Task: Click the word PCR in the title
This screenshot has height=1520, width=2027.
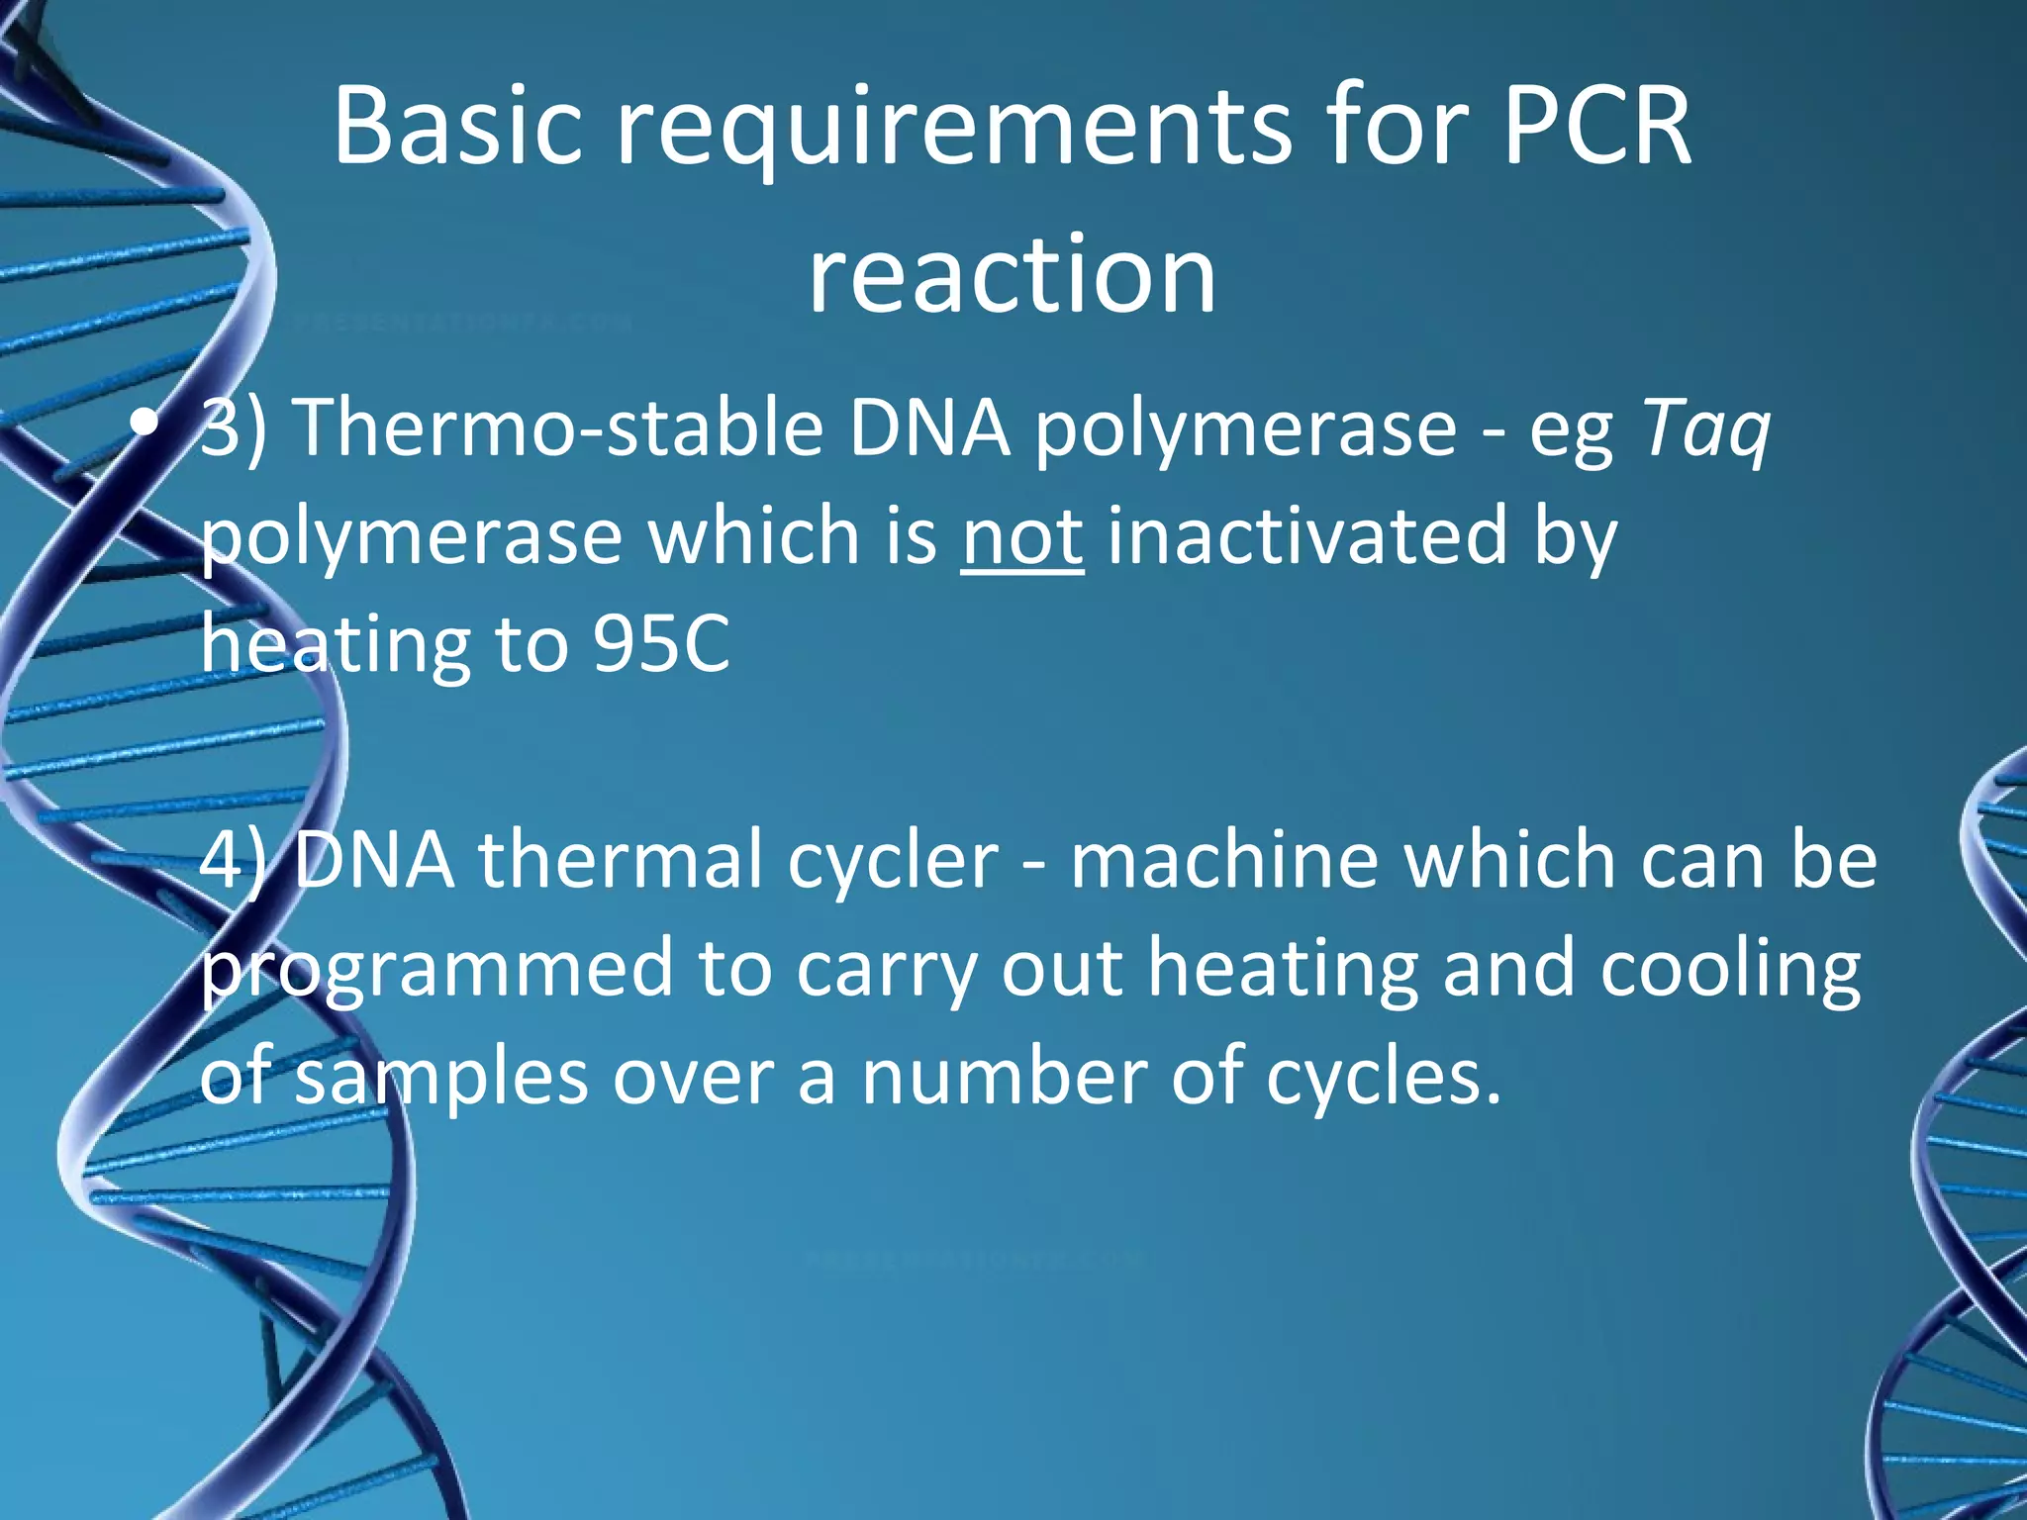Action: pyautogui.click(x=1596, y=127)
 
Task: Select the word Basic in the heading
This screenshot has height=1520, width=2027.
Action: pyautogui.click(x=457, y=127)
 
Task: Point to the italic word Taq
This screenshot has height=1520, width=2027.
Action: pyautogui.click(x=1705, y=430)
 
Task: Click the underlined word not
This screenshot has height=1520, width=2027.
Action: pyautogui.click(x=1021, y=536)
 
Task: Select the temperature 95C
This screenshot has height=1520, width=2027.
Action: pyautogui.click(x=661, y=644)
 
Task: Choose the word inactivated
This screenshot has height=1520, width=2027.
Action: pyautogui.click(x=1306, y=536)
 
